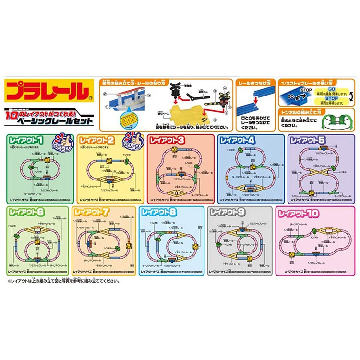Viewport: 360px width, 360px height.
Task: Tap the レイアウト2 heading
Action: [x=96, y=141]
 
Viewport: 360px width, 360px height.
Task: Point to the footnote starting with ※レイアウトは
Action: [x=62, y=281]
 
